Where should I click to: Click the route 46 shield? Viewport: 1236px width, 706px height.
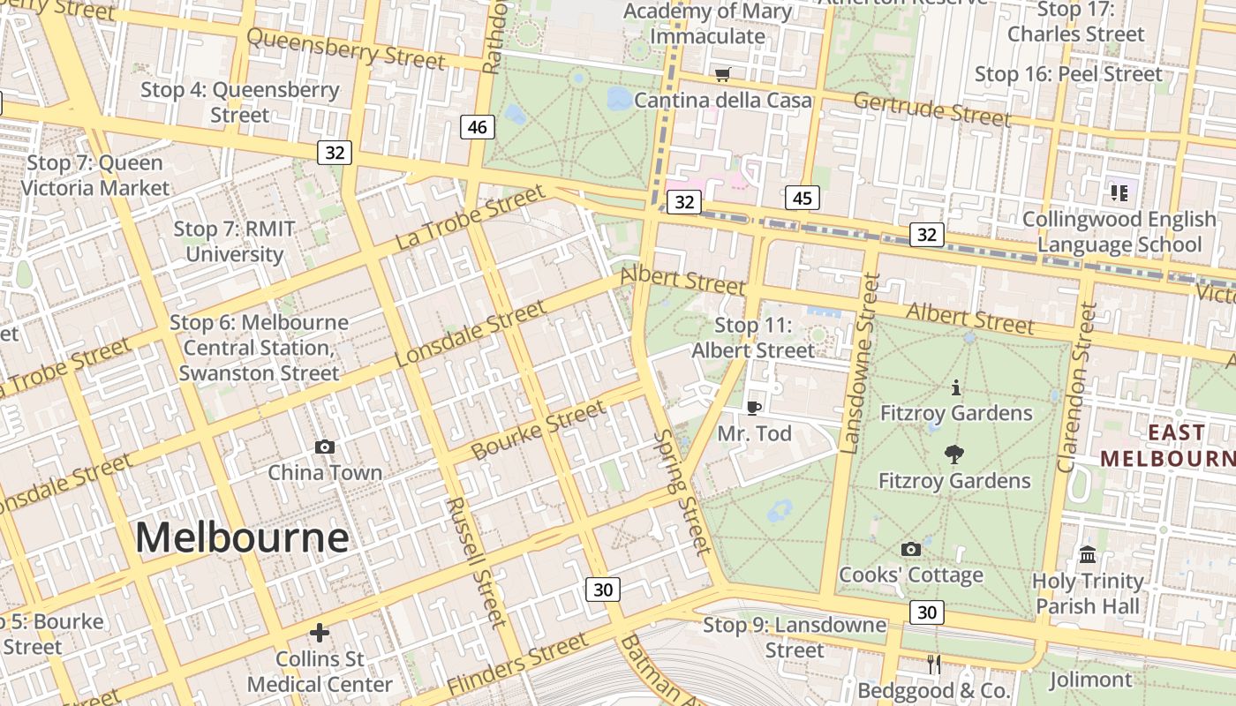point(477,127)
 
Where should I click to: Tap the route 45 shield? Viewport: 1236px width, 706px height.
point(802,198)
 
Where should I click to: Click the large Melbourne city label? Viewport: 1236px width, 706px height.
point(242,537)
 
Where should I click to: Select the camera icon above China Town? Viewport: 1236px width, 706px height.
point(325,447)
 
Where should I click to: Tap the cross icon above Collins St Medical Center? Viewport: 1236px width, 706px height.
point(320,633)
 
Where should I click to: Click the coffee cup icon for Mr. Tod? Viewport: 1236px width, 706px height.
point(753,407)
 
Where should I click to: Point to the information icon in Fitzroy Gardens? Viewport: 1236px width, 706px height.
point(955,387)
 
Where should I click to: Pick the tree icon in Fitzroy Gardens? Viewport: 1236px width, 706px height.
point(953,454)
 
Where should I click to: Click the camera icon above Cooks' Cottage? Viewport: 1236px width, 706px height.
point(911,549)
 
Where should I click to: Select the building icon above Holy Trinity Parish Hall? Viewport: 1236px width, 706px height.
point(1088,555)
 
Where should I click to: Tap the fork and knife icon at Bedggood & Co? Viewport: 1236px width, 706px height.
point(933,664)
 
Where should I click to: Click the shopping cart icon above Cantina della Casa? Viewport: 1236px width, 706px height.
point(722,74)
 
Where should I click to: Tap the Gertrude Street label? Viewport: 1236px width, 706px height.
point(931,109)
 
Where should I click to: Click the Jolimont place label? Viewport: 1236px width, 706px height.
point(1090,680)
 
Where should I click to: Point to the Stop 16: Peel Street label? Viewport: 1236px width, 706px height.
point(1068,74)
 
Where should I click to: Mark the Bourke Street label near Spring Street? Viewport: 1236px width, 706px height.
point(539,430)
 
